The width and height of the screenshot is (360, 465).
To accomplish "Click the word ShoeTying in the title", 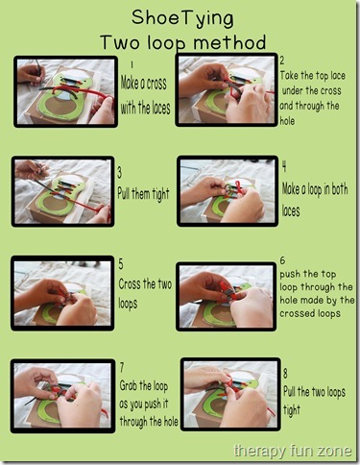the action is [182, 18].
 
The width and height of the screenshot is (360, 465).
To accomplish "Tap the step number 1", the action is [132, 64].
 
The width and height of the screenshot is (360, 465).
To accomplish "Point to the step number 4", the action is [284, 167].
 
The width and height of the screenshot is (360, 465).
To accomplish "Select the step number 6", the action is [282, 260].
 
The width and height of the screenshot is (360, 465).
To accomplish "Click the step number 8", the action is [285, 374].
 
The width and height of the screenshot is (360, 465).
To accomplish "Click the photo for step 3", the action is [62, 192].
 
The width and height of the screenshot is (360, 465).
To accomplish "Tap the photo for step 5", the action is [62, 293].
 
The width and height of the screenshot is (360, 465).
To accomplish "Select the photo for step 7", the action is [62, 396].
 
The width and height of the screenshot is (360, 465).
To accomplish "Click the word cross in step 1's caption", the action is [156, 84].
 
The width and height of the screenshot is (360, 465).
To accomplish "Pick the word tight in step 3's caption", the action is [161, 194].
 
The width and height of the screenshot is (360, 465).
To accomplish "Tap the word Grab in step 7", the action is [129, 386].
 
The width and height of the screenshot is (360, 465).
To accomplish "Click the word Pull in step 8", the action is [290, 392].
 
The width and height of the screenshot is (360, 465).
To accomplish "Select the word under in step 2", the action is [292, 90].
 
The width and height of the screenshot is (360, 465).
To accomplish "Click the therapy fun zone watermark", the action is [293, 451].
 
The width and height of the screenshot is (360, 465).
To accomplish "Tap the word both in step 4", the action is [339, 189].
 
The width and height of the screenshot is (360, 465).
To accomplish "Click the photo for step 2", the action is [227, 90].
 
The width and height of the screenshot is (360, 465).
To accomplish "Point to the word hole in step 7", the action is [170, 422].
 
